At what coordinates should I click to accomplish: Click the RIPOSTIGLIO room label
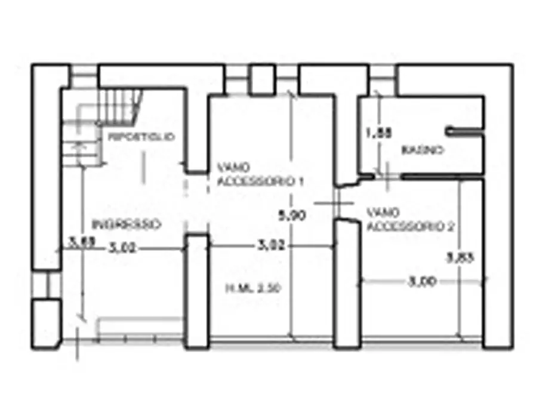[x=141, y=137]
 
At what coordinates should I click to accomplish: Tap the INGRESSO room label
[x=127, y=224]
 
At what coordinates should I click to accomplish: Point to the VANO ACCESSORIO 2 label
[x=410, y=219]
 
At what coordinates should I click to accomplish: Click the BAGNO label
[x=423, y=150]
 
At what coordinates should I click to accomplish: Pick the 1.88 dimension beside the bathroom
[x=378, y=134]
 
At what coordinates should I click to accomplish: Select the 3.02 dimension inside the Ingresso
[x=124, y=249]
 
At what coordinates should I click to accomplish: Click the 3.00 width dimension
[x=423, y=281]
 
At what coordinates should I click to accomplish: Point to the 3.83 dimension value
[x=460, y=258]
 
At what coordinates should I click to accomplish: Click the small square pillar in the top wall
[x=261, y=79]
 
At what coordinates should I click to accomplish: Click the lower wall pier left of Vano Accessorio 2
[x=347, y=284]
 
